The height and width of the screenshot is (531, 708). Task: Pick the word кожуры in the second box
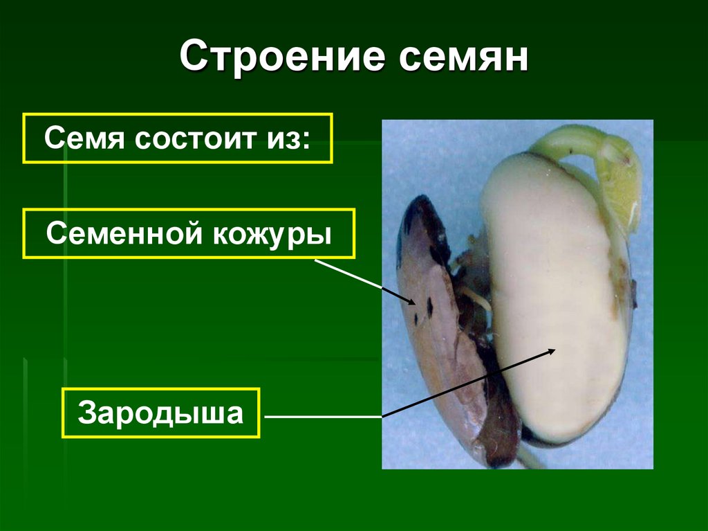point(274,233)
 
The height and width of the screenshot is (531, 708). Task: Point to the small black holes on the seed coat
point(429,307)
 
